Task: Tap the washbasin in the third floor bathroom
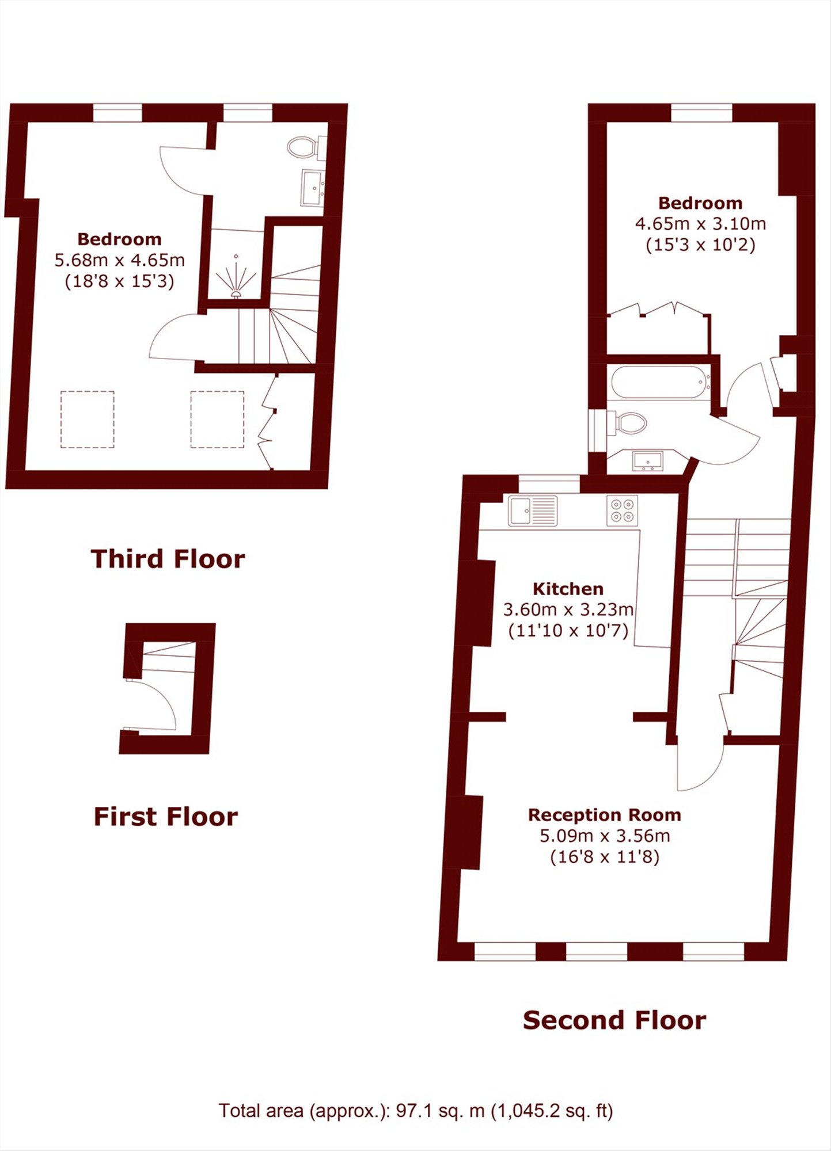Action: click(313, 188)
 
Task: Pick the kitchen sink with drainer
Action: click(533, 510)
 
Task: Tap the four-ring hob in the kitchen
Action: click(623, 510)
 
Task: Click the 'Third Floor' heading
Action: click(168, 559)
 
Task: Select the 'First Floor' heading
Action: click(166, 817)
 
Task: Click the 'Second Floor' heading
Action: click(614, 1020)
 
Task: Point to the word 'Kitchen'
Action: click(568, 589)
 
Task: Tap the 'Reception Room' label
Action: click(605, 815)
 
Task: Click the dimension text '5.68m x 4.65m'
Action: click(120, 260)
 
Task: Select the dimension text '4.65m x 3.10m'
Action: click(700, 224)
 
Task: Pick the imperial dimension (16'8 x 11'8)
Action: click(605, 857)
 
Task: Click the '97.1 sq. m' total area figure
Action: click(440, 1110)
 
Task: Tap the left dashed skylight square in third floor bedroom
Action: click(88, 419)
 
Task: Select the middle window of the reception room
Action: click(597, 952)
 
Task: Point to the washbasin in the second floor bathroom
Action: click(648, 460)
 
